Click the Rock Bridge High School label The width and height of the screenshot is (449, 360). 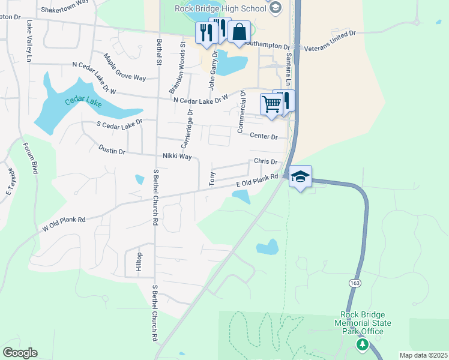tap(220, 8)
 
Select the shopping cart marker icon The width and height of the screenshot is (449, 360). tap(271, 103)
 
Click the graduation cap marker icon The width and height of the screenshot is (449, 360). tap(300, 176)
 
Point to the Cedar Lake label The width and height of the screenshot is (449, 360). tap(83, 101)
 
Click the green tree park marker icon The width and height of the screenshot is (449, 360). tap(362, 344)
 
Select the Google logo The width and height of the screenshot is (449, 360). tap(20, 353)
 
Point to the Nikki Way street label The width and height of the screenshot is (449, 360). tap(176, 157)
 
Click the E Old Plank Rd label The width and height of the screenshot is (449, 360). tap(257, 179)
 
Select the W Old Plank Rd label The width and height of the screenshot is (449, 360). tap(64, 223)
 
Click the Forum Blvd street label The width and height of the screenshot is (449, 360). tap(31, 158)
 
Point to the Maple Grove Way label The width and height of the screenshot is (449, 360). tap(125, 68)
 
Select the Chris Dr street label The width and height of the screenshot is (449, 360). tap(265, 161)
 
